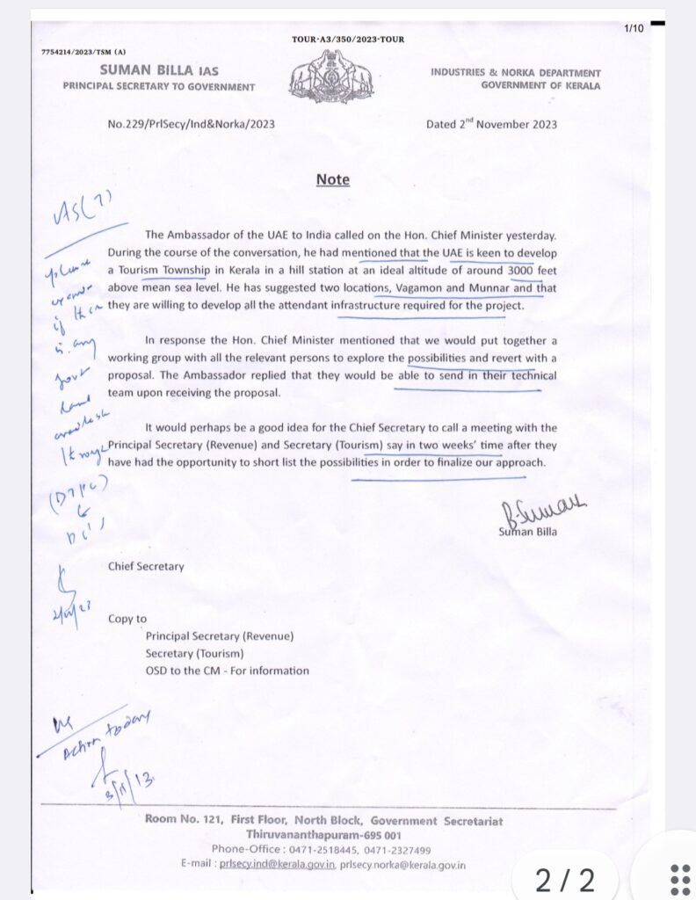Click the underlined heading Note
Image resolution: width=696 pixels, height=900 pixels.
[x=333, y=180]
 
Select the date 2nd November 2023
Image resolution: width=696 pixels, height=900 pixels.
[x=491, y=124]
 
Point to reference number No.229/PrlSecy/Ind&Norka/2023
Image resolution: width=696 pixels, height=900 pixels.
[x=191, y=125]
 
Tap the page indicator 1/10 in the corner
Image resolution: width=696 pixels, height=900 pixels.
[x=634, y=29]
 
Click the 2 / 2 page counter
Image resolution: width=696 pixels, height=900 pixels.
[x=565, y=878]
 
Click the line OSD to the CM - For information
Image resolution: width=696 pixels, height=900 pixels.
[x=228, y=671]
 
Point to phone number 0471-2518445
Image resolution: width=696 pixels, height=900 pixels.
[x=319, y=850]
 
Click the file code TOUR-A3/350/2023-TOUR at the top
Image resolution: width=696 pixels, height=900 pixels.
[x=348, y=40]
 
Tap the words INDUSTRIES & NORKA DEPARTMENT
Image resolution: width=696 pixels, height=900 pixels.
[x=516, y=73]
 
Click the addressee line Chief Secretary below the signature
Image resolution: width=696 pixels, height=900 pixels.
[x=146, y=566]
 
